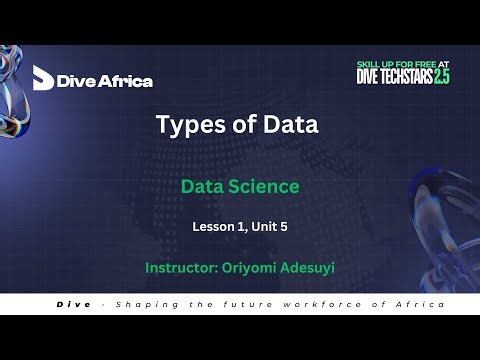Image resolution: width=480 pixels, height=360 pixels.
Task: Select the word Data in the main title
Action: click(x=291, y=125)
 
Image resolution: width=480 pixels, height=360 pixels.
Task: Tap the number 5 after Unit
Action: click(x=285, y=227)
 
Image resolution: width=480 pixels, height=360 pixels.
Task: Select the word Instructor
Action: click(x=182, y=268)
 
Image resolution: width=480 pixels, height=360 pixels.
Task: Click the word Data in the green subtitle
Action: click(x=201, y=186)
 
